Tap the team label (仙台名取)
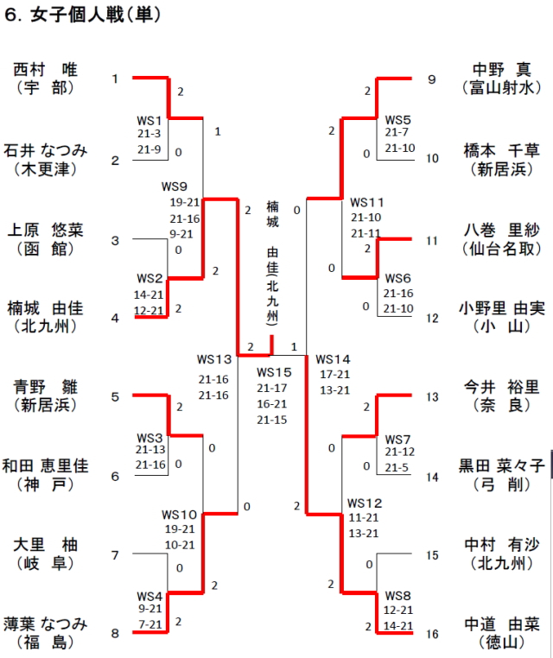(x=502, y=249)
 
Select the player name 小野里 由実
(x=502, y=307)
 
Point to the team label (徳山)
(x=502, y=642)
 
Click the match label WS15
(x=275, y=372)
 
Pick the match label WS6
(x=397, y=278)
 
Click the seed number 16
(x=432, y=634)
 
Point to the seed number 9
(x=432, y=80)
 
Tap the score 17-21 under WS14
(x=334, y=374)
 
